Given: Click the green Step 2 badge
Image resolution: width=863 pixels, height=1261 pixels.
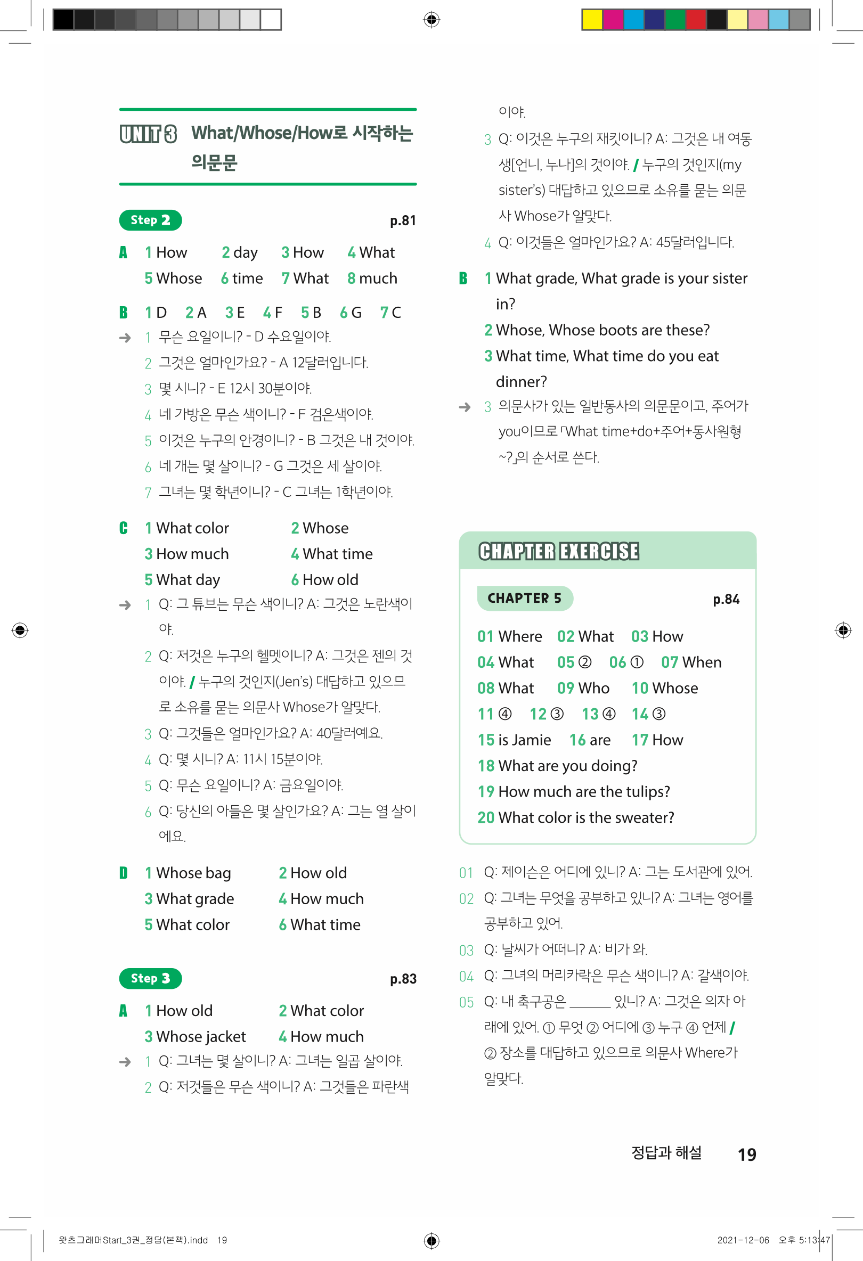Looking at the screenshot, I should [x=150, y=220].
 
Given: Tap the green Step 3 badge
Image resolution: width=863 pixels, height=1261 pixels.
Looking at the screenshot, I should [x=150, y=978].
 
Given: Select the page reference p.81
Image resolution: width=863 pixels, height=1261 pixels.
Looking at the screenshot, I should [x=403, y=221].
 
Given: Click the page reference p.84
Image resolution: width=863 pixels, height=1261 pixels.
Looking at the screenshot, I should [x=726, y=599].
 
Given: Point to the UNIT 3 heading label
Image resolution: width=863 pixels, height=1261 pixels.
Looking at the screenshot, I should [x=148, y=134].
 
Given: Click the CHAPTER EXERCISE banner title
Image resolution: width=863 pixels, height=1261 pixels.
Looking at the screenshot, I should [x=558, y=551].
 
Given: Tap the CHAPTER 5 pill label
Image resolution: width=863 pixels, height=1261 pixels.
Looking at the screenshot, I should [x=524, y=598].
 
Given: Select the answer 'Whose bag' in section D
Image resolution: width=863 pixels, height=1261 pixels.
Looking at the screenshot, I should [x=193, y=873].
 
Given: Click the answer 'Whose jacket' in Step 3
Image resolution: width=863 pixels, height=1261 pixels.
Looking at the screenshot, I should [x=201, y=1036].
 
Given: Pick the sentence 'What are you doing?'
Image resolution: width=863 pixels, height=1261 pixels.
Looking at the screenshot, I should [x=567, y=766].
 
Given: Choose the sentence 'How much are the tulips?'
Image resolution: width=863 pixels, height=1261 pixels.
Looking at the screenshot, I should [x=583, y=792].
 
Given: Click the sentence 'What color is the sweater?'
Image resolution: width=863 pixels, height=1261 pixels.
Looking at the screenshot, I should [x=585, y=818].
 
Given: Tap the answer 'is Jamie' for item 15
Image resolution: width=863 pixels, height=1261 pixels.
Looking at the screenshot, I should [x=524, y=740].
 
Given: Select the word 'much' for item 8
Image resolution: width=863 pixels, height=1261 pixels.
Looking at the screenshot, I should [x=378, y=279].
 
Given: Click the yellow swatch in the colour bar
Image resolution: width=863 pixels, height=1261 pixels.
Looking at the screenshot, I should [x=592, y=20].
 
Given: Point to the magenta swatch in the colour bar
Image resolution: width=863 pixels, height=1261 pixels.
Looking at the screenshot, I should [x=612, y=20].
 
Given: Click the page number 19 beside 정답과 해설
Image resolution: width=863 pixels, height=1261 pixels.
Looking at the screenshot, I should [x=747, y=1154].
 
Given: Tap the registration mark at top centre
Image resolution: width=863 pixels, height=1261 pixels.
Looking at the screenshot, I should [x=431, y=20].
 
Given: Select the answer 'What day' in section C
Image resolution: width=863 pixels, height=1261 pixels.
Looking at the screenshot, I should [x=188, y=580].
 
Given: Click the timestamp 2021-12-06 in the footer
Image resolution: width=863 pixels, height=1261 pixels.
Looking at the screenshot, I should [x=743, y=1240].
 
